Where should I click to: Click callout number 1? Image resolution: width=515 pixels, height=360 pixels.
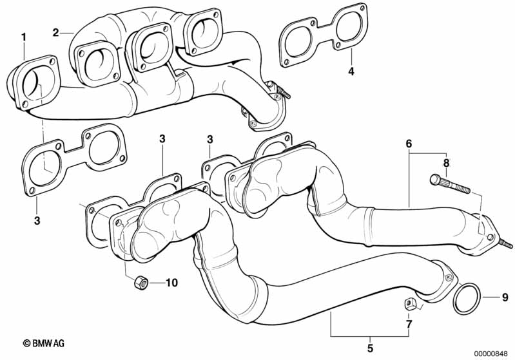tap(24, 37)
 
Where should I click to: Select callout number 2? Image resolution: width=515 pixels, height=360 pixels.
tap(57, 32)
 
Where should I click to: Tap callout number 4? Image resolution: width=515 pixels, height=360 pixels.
tap(351, 71)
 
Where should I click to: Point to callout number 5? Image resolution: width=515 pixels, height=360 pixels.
tap(371, 348)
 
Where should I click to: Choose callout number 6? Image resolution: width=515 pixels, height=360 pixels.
tap(408, 145)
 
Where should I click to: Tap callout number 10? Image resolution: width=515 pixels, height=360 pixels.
tap(171, 282)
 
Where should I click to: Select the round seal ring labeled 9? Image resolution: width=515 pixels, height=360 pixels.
tap(467, 298)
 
